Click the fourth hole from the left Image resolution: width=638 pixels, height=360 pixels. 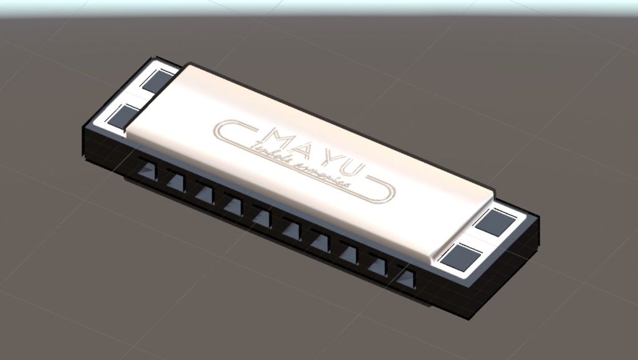(x=233, y=204)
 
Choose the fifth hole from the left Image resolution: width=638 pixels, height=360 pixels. (x=262, y=216)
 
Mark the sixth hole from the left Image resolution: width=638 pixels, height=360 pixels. (x=290, y=228)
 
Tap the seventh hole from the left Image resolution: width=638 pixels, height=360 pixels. (x=320, y=240)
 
